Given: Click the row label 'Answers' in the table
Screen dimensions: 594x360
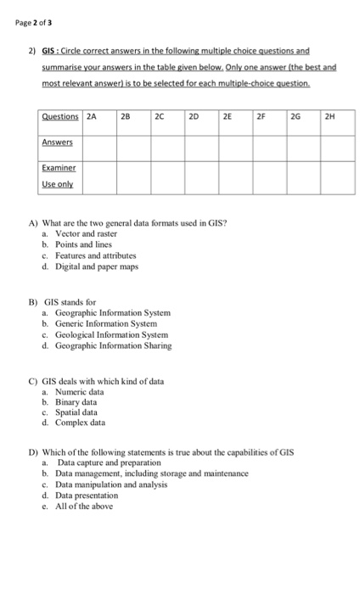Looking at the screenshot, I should [x=59, y=143].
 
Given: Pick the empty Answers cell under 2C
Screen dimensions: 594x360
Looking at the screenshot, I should [x=166, y=144].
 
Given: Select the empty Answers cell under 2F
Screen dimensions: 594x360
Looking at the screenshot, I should [x=269, y=144].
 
